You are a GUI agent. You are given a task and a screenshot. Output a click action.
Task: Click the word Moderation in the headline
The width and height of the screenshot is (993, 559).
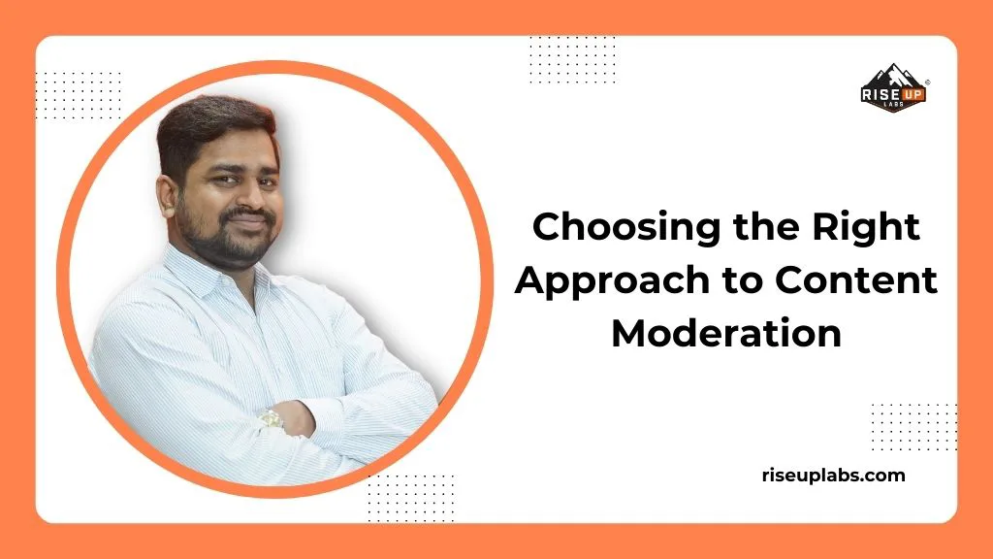725,334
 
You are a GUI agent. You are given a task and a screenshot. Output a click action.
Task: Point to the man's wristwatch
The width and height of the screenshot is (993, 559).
271,419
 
